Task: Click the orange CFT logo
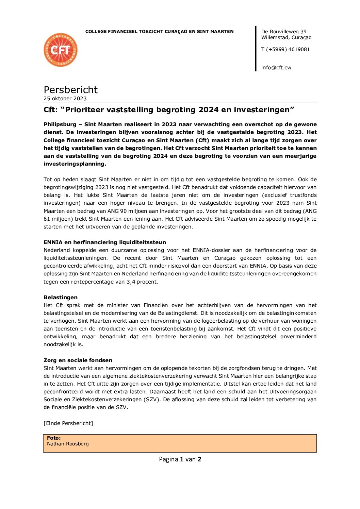[61, 50]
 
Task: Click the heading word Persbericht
[70, 90]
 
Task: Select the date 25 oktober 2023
[65, 99]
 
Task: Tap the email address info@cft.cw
[276, 68]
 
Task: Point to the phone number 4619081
[299, 49]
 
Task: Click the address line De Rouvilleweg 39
[284, 32]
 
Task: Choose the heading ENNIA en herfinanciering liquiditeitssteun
[105, 242]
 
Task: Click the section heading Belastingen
[61, 298]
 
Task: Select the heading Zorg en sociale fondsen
[78, 360]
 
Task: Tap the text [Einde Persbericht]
[68, 423]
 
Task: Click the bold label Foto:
[54, 438]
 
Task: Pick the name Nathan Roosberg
[68, 444]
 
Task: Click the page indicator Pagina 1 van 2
[180, 459]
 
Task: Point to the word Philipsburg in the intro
[60, 124]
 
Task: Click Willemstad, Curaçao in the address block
[286, 37]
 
